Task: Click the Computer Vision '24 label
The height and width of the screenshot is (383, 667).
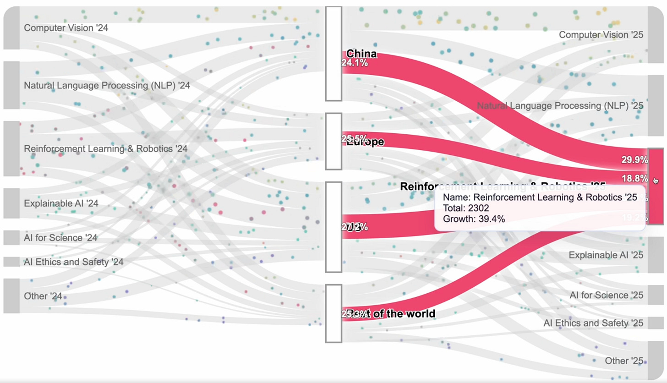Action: point(66,28)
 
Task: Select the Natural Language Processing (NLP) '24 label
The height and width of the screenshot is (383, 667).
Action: point(107,86)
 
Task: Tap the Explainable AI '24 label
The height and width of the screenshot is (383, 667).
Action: point(61,203)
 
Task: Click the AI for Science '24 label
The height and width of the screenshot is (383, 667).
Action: point(60,238)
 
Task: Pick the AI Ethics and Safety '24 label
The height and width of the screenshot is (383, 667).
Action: point(74,262)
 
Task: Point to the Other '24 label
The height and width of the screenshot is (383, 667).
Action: point(43,296)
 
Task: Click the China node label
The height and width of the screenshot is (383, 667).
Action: point(361,54)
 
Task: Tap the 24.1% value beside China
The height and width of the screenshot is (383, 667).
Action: point(355,63)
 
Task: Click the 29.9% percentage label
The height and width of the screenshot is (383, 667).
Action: point(634,160)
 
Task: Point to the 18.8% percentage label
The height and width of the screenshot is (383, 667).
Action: point(634,178)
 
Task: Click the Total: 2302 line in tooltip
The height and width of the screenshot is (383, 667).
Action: point(466,208)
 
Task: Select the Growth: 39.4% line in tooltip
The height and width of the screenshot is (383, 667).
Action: point(474,219)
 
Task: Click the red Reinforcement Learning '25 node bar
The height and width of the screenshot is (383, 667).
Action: point(656,197)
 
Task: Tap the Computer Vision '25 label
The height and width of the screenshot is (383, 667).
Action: point(601,35)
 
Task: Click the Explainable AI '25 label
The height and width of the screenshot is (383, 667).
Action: point(606,255)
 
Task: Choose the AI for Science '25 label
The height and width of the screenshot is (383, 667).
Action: point(606,295)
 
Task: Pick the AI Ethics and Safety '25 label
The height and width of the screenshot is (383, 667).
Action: point(593,323)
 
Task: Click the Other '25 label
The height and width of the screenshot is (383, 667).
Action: point(624,361)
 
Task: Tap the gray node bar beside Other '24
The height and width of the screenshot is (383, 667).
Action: point(11,296)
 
